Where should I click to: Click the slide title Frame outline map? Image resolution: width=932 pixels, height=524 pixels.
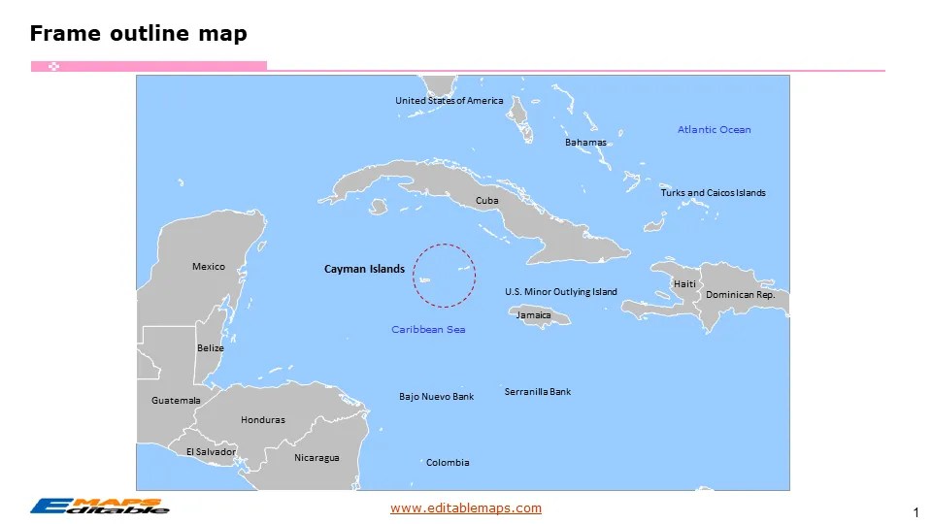tap(138, 34)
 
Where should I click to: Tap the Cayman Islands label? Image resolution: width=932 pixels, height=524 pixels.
tap(364, 269)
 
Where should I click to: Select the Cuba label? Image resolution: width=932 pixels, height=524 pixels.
tap(486, 201)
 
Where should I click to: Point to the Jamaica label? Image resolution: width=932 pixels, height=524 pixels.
tap(533, 315)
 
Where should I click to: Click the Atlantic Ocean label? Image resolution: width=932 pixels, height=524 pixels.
tap(714, 129)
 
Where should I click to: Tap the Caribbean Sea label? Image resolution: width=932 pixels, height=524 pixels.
tap(428, 330)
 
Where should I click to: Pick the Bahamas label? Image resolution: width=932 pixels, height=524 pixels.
tap(585, 143)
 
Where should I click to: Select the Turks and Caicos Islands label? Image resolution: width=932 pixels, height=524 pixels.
tap(713, 193)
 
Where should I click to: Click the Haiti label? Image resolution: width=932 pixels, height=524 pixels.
tap(684, 284)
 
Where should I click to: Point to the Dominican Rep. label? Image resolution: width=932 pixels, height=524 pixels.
tap(740, 295)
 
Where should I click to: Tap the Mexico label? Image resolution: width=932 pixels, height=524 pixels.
tap(209, 267)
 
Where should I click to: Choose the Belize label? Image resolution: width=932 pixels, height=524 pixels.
tap(211, 348)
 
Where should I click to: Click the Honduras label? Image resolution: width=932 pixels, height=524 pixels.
tap(263, 420)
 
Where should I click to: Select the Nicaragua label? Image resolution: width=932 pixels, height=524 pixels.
tap(316, 458)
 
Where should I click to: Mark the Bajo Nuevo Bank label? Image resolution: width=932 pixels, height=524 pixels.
tap(436, 397)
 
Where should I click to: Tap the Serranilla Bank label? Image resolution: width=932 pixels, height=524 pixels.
tap(538, 392)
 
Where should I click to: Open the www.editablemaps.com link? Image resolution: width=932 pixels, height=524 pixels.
tap(466, 508)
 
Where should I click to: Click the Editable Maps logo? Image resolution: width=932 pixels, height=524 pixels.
tap(99, 506)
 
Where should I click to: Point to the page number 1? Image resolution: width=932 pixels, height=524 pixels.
tap(915, 511)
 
